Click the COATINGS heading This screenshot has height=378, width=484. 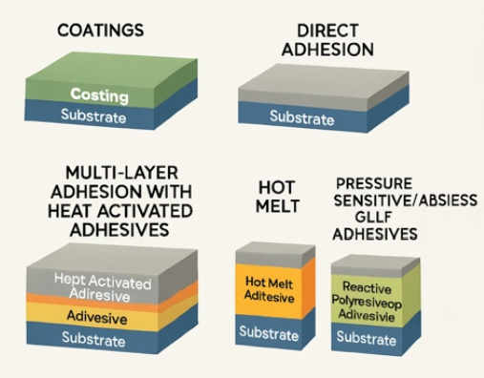pos(100,31)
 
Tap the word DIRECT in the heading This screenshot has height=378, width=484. pos(327,31)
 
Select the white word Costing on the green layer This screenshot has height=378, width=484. pos(99,95)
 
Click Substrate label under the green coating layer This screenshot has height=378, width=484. pos(94,116)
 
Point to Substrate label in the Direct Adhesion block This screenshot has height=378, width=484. pos(302,117)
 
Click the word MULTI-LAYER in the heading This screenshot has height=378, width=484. pos(121,173)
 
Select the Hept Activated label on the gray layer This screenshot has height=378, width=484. pos(102,282)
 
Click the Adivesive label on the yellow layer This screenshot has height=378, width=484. pos(97,317)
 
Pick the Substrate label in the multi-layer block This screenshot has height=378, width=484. pos(94,339)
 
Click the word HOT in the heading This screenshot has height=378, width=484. pos(277,187)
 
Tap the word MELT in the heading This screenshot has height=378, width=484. pos(278,206)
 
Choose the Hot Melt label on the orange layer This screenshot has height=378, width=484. pos(269,283)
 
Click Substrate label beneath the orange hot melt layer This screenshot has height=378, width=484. pos(269,333)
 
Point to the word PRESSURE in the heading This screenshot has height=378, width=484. pos(374,183)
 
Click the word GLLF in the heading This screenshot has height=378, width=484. pos(373,218)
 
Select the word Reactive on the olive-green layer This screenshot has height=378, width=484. pos(367,287)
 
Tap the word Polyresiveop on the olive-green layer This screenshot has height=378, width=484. pos(367,303)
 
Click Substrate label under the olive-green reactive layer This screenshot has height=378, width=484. pos(367,338)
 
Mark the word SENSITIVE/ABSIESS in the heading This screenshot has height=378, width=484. pos(406,200)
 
